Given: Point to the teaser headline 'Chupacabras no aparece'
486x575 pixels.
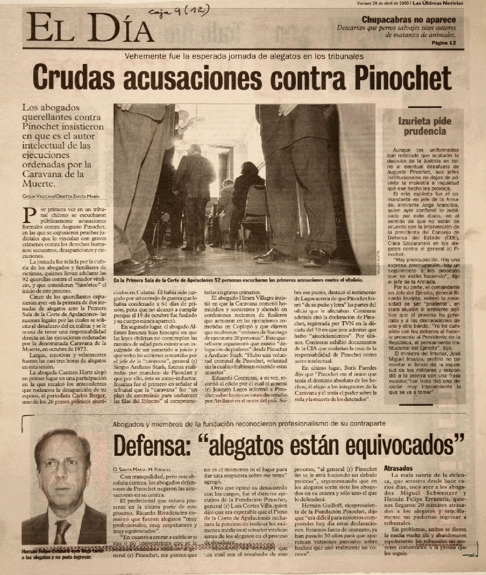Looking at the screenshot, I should coord(409,20).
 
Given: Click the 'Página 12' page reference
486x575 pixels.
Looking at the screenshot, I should coord(442,43).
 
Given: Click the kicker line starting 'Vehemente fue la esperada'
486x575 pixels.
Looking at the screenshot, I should coord(244,56).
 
